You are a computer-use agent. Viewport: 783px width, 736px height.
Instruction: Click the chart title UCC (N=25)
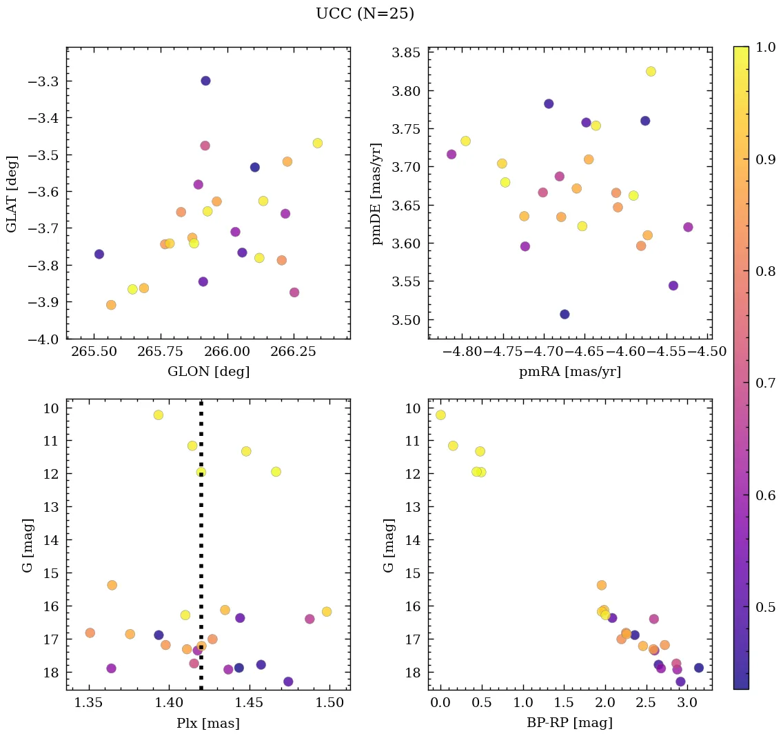pos(365,14)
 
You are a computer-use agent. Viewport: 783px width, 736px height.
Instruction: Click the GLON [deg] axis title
pos(208,372)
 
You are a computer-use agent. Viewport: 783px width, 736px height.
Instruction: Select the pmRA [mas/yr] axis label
pos(569,372)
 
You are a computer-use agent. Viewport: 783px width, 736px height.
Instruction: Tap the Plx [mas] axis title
pos(208,724)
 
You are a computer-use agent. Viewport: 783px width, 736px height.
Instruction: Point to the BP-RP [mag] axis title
pos(569,724)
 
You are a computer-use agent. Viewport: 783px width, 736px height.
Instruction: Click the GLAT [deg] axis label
pos(12,193)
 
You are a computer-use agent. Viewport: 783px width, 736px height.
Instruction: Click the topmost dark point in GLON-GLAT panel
pos(205,81)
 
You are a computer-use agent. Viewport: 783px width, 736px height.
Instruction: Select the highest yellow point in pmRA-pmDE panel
pos(651,72)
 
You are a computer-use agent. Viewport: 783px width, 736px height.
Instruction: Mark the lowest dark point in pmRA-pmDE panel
pos(565,315)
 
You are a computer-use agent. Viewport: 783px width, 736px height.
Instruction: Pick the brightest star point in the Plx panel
pos(159,415)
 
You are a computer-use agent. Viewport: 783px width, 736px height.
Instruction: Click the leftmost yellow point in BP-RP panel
pos(440,415)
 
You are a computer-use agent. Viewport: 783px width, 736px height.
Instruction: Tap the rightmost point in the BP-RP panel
pos(698,668)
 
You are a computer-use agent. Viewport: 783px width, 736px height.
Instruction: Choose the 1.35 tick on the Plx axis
pos(90,703)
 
